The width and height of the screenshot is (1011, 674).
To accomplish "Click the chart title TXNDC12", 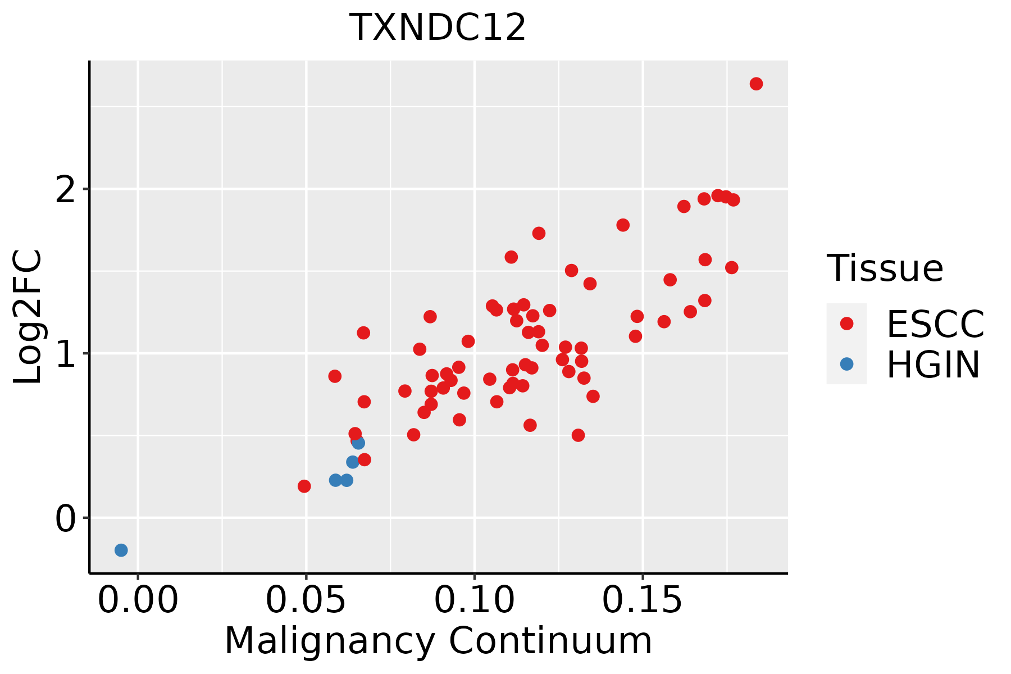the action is [438, 28].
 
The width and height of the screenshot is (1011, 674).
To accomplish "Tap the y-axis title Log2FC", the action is [28, 317].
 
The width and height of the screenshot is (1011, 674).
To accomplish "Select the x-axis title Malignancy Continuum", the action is [438, 641].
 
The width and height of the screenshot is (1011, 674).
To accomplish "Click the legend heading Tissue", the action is [885, 268].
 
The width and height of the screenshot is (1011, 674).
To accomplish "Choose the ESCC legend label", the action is [935, 324].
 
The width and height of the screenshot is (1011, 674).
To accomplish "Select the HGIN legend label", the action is [933, 365].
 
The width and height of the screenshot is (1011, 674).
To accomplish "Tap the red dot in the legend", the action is [846, 324].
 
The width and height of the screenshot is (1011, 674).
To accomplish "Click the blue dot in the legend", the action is [846, 364].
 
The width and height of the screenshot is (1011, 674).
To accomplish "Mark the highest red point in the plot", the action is [756, 84].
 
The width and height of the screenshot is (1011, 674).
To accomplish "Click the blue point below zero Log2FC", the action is [121, 550].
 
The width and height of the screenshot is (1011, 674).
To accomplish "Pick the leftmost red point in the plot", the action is [304, 486].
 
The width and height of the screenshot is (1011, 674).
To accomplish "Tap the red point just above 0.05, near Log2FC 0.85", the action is [335, 376].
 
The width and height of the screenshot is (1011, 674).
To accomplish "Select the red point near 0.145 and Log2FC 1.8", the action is [623, 225].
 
